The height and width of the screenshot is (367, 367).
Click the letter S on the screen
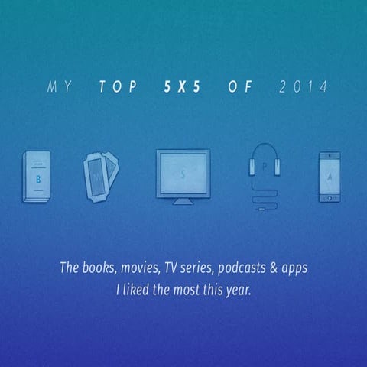183,174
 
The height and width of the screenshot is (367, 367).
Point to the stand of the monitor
183,200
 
